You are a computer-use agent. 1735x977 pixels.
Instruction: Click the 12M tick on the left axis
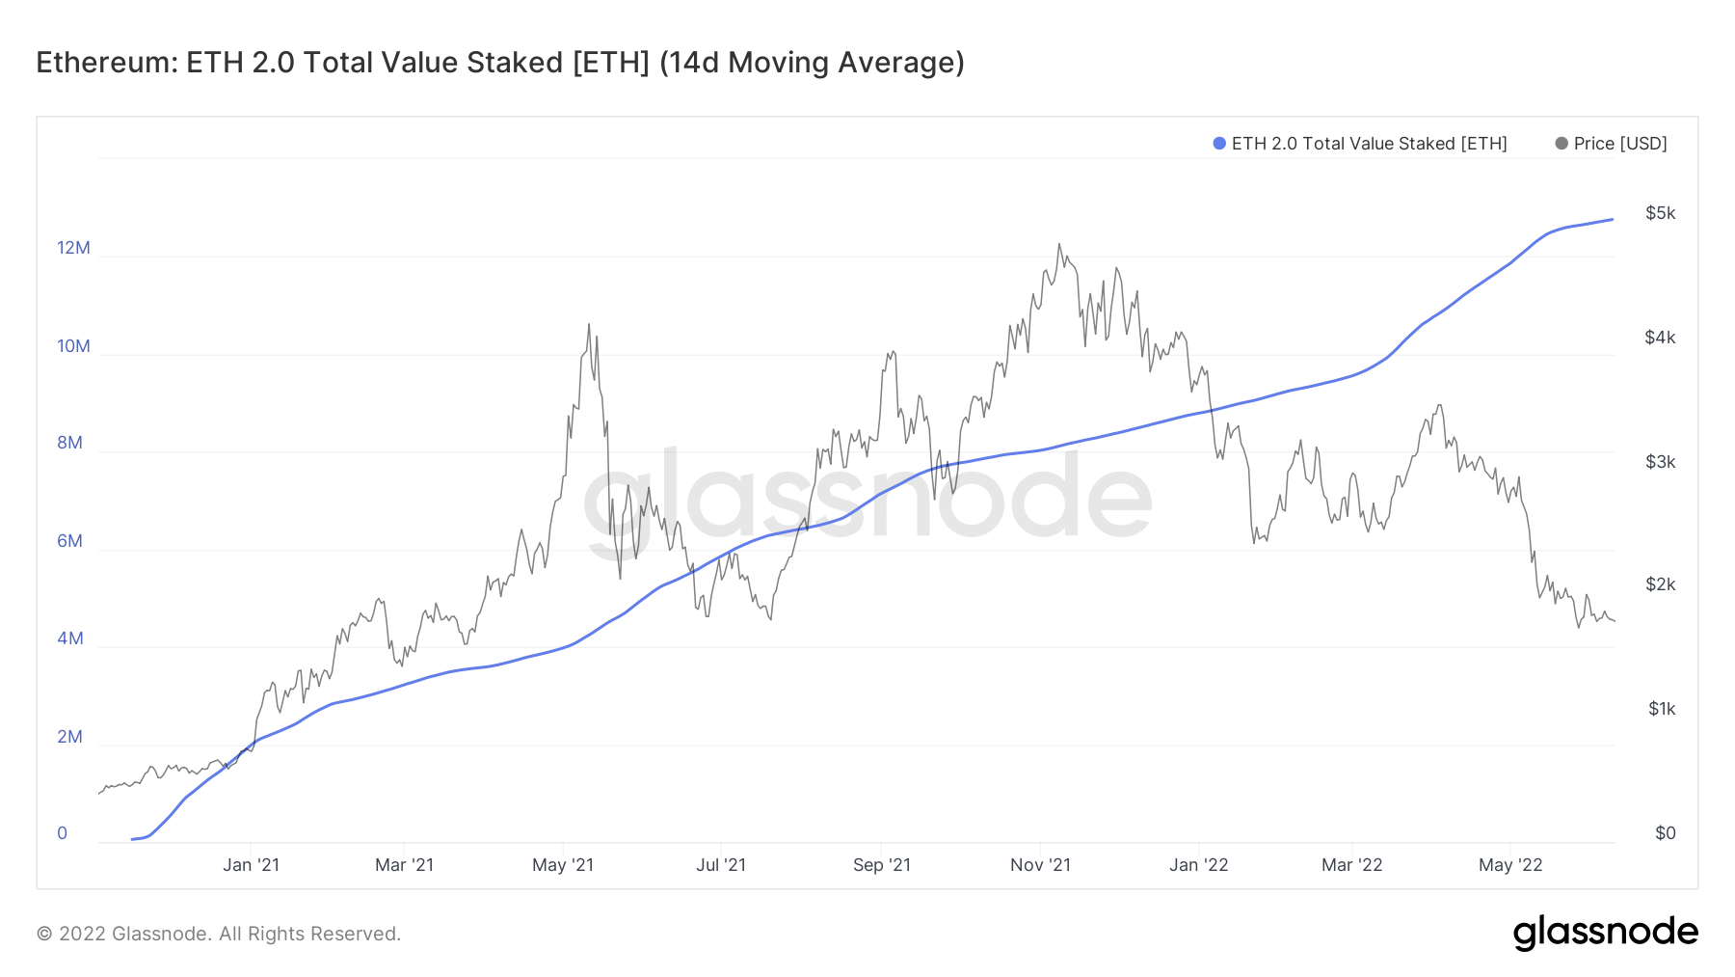(x=73, y=248)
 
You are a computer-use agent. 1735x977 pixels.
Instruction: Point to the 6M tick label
(x=69, y=541)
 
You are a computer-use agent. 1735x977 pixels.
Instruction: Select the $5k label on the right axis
(x=1660, y=213)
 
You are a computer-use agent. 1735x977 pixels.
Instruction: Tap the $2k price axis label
(x=1660, y=584)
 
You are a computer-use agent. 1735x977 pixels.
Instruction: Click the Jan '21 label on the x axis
(x=251, y=865)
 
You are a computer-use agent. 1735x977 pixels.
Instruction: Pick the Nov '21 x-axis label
(x=1040, y=865)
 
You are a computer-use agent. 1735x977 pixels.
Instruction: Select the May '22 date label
(x=1510, y=865)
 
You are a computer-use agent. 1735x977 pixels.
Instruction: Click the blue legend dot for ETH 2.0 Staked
(x=1219, y=144)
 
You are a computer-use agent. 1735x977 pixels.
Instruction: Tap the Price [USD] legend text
(x=1619, y=144)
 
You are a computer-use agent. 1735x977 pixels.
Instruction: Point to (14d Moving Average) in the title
(x=812, y=63)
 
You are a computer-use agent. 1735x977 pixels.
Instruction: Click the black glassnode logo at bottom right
(x=1605, y=933)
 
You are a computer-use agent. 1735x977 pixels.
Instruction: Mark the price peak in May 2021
(x=589, y=325)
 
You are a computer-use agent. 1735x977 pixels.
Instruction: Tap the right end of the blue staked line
(x=1613, y=220)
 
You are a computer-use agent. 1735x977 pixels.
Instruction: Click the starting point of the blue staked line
(x=132, y=839)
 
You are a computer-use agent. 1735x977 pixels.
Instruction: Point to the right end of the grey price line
(x=1615, y=621)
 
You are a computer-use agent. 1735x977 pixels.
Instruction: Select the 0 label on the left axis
(x=63, y=833)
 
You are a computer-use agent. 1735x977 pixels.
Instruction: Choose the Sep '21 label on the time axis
(x=881, y=865)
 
